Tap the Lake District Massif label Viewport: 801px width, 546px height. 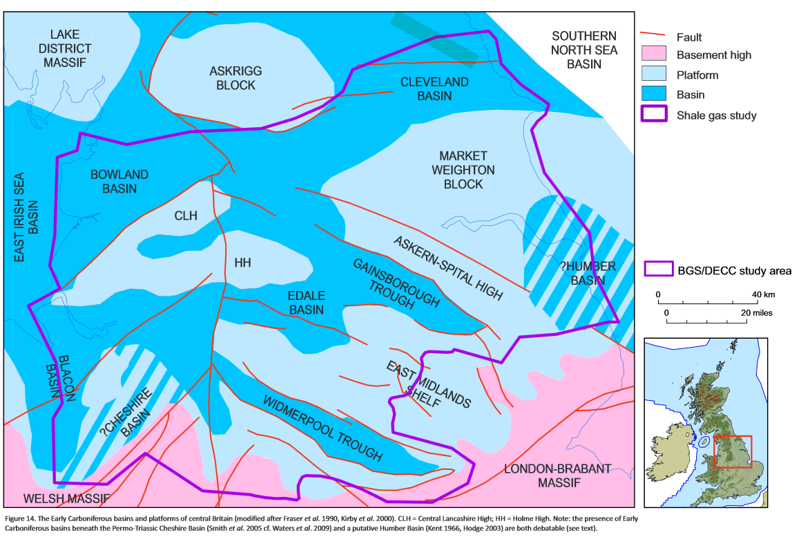point(66,48)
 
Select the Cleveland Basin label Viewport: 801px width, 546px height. point(434,89)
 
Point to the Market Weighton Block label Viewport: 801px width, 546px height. point(463,170)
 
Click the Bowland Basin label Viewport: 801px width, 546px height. point(119,182)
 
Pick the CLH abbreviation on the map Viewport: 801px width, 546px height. point(186,216)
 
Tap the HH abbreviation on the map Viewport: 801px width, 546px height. point(242,263)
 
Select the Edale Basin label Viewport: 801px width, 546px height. point(306,303)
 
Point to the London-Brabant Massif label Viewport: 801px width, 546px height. point(557,476)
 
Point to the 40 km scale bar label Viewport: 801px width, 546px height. point(764,295)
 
